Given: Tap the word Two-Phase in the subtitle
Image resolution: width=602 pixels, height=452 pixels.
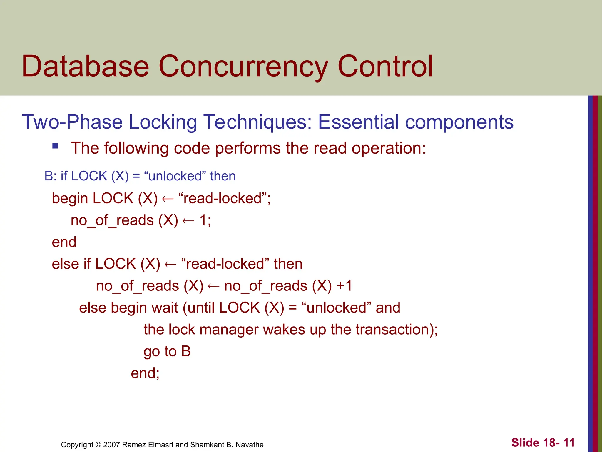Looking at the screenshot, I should click(x=72, y=122).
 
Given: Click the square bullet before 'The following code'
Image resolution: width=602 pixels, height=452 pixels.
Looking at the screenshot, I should click(x=55, y=146).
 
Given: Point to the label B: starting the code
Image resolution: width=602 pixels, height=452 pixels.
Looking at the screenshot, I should click(x=51, y=176).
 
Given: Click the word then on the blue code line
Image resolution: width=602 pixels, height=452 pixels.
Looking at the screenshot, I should click(x=223, y=176).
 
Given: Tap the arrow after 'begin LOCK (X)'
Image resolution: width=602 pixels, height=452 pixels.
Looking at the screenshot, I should click(x=168, y=199).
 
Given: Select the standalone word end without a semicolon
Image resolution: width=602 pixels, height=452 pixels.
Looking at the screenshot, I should click(x=64, y=242).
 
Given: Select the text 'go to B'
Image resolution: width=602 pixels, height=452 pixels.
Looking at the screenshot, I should click(x=167, y=351).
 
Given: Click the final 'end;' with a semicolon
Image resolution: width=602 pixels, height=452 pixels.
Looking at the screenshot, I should click(x=145, y=373).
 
